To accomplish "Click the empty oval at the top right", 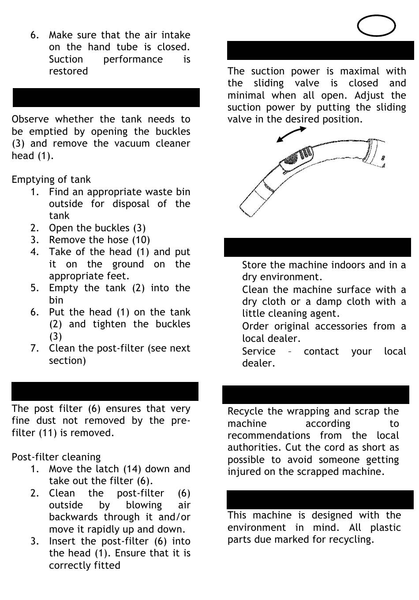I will click(x=376, y=26).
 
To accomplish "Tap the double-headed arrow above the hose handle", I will click(x=291, y=134).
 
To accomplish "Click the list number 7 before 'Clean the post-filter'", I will click(x=35, y=348).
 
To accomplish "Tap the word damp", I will click(x=339, y=302).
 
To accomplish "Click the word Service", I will click(x=259, y=352).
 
